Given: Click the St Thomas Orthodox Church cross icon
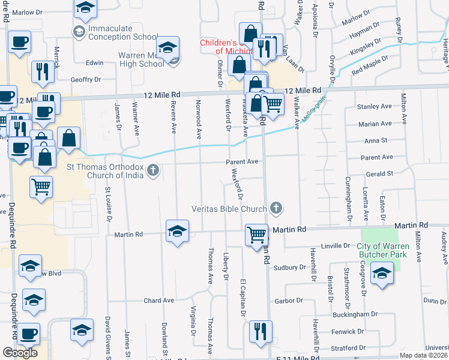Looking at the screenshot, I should point(153,171).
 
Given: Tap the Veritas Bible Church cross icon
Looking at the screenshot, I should point(276,208).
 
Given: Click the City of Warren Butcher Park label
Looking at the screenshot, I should point(383,250).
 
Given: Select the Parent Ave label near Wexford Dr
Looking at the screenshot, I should point(242,161).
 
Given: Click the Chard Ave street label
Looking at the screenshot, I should point(158,300).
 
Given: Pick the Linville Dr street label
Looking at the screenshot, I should point(336,246).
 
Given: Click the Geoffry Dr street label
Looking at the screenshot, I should point(86,79).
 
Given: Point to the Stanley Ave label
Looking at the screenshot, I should point(374,106).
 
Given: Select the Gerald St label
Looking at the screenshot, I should point(380,173).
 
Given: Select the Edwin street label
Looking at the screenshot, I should point(95,62).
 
